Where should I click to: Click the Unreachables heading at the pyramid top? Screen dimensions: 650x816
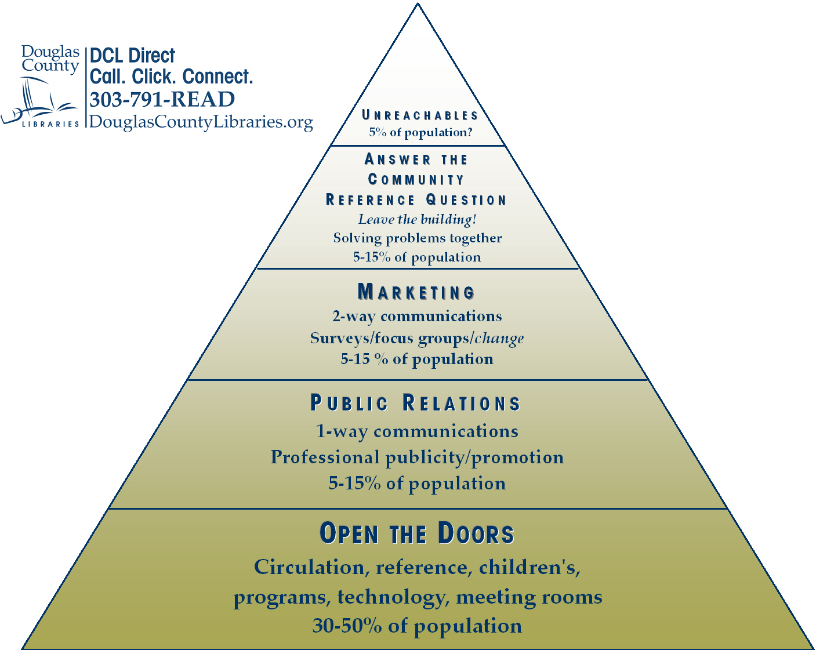coord(420,115)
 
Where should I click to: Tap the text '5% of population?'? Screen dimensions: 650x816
coord(420,132)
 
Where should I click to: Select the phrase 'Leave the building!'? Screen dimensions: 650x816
coord(417,219)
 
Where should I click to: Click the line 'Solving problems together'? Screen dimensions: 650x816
coord(417,238)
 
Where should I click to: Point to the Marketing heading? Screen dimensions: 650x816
coord(416,292)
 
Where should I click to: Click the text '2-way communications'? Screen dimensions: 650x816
coord(417,316)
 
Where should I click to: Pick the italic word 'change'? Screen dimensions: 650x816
coord(499,338)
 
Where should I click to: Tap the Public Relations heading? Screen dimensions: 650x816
coord(415,403)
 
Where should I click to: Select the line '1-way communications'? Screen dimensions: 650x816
coord(417,431)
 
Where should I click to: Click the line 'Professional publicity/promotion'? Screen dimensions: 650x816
coord(417,457)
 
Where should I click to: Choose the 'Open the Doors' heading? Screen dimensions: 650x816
coord(416,533)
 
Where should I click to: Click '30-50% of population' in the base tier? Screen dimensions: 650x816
coord(417,626)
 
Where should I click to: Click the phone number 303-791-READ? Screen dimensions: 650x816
coord(162,99)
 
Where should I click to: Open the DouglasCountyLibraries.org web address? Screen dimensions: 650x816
coord(201,122)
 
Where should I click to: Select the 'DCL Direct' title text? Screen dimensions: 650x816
coord(132,56)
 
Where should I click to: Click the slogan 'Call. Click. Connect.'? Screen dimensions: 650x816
coord(171,77)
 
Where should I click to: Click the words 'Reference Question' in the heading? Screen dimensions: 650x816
coord(416,200)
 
